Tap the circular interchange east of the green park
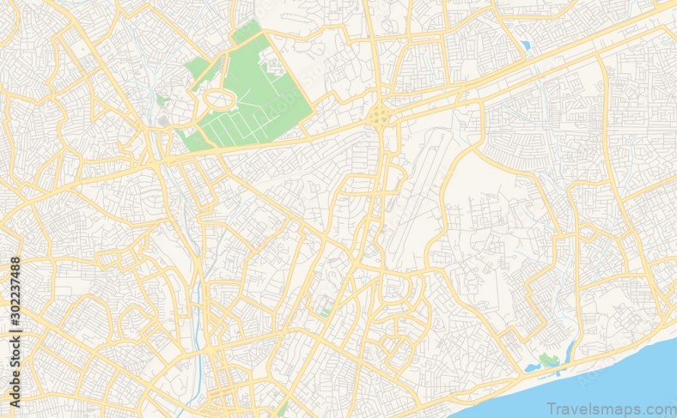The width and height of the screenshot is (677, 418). tap(379, 118)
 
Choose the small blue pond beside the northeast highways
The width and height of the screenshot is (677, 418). tap(524, 45)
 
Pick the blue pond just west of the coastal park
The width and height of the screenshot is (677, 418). tap(531, 369)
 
